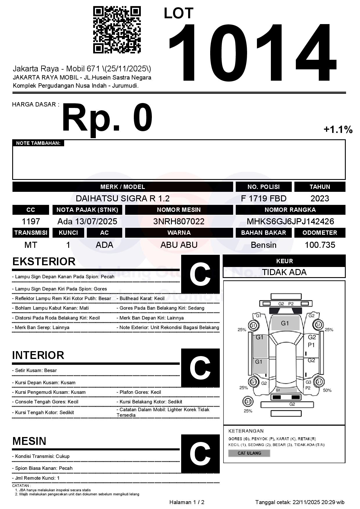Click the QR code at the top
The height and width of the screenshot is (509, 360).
pos(117,30)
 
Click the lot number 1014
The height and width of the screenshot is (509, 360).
pos(252,52)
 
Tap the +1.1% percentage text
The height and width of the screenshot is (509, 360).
pos(338,129)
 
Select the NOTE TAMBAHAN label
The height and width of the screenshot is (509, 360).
pos(38,143)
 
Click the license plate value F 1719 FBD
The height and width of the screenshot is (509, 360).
pos(264,198)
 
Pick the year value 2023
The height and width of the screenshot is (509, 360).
pos(320,198)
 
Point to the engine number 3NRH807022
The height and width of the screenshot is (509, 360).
pos(179,221)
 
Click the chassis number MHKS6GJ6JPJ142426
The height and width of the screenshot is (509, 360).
pos(290,221)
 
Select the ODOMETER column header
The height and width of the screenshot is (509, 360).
pos(320,233)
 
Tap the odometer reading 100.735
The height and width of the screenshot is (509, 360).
pos(320,245)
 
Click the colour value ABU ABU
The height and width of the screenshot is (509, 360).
pos(179,245)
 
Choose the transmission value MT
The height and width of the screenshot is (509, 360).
pos(31,245)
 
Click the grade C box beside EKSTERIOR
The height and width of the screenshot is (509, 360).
pos(200,274)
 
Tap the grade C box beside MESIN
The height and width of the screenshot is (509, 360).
pos(200,454)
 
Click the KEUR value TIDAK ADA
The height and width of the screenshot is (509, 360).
pos(284,272)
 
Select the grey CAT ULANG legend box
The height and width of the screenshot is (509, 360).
pos(249,453)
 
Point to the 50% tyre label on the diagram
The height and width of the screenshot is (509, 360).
pos(327,390)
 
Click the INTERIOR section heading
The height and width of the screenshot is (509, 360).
pos(38,355)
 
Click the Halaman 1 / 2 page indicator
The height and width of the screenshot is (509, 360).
pos(187,502)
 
